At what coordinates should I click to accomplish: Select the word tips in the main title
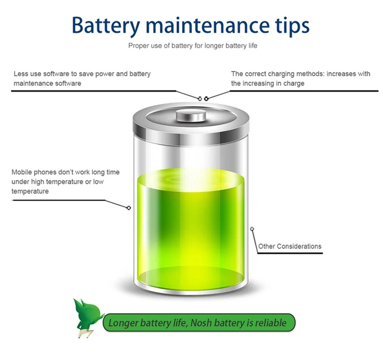click(292, 26)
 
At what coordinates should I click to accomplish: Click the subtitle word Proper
click(138, 46)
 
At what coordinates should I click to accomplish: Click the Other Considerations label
click(290, 246)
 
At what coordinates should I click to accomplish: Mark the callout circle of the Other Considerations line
click(252, 228)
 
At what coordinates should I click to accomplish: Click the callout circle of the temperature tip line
click(129, 207)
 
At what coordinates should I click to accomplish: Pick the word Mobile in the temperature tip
click(22, 172)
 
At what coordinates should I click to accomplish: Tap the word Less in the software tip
click(21, 74)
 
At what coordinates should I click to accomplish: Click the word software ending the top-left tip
click(68, 83)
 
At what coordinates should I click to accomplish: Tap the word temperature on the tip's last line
click(30, 191)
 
